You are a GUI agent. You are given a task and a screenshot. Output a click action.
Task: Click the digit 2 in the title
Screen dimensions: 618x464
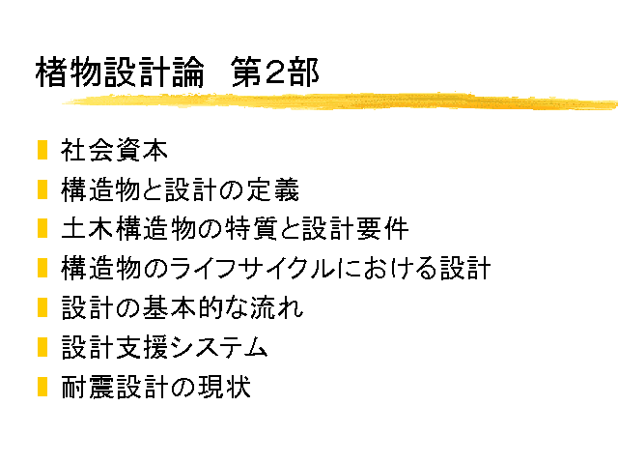point(275,72)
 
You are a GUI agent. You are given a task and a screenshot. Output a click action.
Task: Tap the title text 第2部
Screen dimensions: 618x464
point(274,72)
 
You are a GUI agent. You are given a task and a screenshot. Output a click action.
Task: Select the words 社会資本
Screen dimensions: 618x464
point(114,150)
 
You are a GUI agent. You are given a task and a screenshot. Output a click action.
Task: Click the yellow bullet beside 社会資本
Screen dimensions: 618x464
point(42,150)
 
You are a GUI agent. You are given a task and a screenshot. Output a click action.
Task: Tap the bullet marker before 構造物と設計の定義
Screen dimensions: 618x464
point(42,189)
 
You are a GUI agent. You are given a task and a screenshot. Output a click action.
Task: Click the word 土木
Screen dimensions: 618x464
point(88,229)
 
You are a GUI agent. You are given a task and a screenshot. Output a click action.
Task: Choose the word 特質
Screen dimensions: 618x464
point(251,229)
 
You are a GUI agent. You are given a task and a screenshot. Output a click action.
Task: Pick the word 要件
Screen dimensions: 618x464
point(382,229)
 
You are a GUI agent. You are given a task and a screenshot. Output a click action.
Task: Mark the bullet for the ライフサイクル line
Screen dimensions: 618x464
point(42,269)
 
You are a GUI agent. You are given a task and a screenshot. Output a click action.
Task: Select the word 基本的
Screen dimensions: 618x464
point(183,307)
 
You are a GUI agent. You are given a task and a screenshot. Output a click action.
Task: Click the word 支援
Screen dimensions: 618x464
point(142,347)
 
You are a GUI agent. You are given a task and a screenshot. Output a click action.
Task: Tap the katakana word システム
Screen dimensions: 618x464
point(219,347)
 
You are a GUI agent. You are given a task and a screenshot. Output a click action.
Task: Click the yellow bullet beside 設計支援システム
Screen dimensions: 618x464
point(42,347)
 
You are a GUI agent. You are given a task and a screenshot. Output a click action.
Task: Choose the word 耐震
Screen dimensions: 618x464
point(88,387)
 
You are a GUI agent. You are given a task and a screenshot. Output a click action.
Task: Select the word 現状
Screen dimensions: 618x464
point(224,387)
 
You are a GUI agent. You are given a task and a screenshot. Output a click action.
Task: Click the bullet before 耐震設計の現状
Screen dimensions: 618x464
point(42,387)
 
